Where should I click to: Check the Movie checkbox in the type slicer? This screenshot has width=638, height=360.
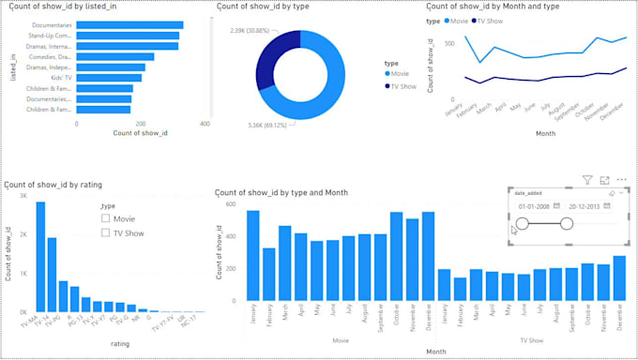click(106, 218)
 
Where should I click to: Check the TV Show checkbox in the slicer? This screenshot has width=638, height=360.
click(106, 232)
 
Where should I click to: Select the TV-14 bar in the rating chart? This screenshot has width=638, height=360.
click(52, 274)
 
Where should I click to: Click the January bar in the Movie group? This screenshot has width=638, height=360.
click(253, 254)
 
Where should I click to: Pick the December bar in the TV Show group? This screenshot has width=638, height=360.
click(618, 277)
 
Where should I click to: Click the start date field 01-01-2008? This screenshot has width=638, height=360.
click(532, 205)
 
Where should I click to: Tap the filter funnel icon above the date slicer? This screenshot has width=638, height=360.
click(587, 179)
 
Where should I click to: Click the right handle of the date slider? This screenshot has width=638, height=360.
click(566, 223)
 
